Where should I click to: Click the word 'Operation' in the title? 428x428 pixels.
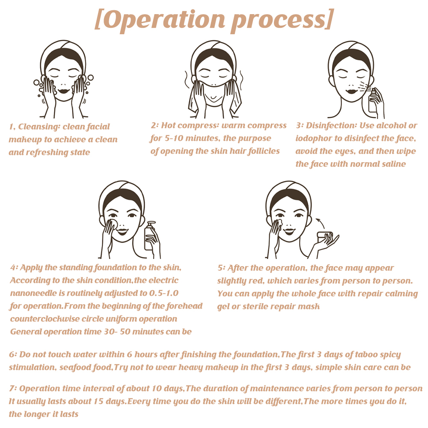click(x=165, y=20)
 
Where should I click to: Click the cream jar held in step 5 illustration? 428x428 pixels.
click(x=325, y=236)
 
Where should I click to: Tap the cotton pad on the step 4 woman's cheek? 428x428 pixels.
click(x=113, y=223)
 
